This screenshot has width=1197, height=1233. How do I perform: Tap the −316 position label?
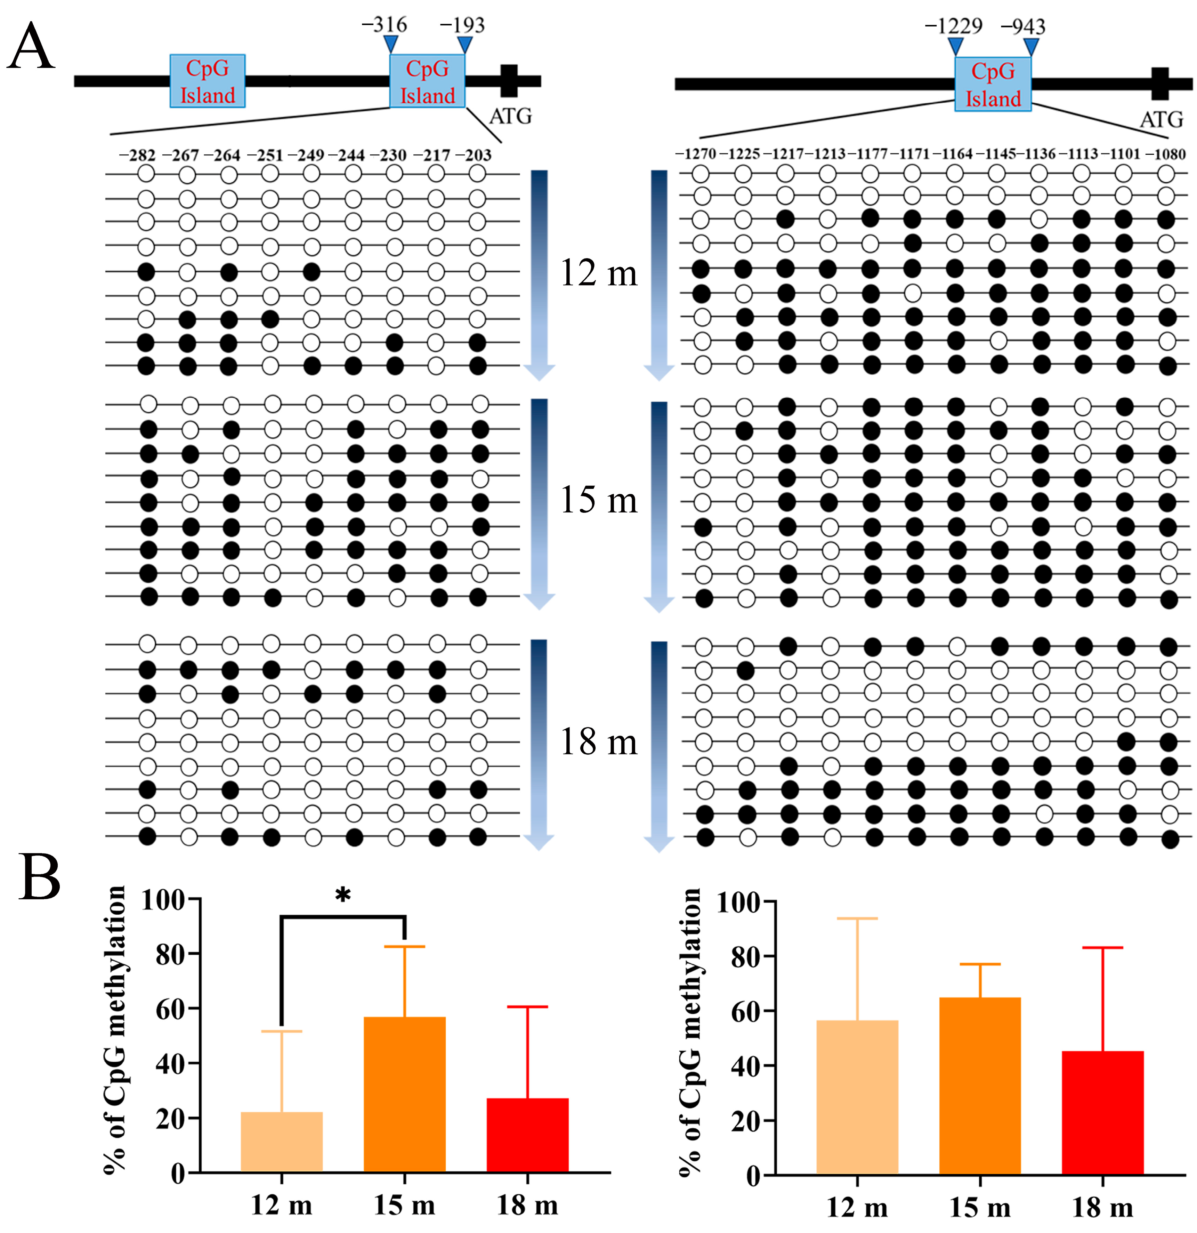[384, 25]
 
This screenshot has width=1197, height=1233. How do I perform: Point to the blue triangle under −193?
[464, 45]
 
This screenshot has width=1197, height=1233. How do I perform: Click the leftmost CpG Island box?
[208, 81]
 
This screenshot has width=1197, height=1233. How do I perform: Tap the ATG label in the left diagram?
[510, 117]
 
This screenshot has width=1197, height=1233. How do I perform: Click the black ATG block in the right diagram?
[1160, 83]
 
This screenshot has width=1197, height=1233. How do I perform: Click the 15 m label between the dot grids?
[599, 501]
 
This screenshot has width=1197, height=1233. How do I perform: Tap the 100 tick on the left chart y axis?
[163, 900]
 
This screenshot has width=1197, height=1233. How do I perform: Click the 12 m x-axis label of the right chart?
[857, 1207]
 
